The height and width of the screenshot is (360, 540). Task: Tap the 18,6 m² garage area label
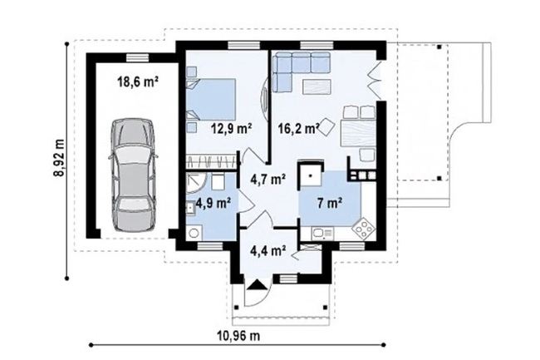(138, 82)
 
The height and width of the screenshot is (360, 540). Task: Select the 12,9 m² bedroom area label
(232, 129)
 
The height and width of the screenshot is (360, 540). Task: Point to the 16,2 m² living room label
(298, 129)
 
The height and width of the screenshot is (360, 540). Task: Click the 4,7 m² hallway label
(268, 180)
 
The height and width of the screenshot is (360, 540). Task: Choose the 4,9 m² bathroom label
(214, 203)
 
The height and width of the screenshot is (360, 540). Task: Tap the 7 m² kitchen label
(330, 204)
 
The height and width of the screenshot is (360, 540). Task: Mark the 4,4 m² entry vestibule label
(268, 251)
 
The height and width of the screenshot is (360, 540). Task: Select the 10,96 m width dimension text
(238, 335)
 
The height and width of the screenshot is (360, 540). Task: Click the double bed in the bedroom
(212, 100)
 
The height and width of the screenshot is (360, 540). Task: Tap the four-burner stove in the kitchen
(363, 228)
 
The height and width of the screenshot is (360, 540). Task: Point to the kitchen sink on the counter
(323, 234)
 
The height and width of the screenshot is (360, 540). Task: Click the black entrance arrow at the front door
(256, 285)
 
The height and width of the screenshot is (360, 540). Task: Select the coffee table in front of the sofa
(317, 86)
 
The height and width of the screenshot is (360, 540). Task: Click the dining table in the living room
(358, 134)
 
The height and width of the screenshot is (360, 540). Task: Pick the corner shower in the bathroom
(195, 181)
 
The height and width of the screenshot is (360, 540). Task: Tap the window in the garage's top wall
(137, 58)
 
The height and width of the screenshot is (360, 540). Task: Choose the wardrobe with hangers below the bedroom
(212, 161)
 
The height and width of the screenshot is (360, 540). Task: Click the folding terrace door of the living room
(375, 77)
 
